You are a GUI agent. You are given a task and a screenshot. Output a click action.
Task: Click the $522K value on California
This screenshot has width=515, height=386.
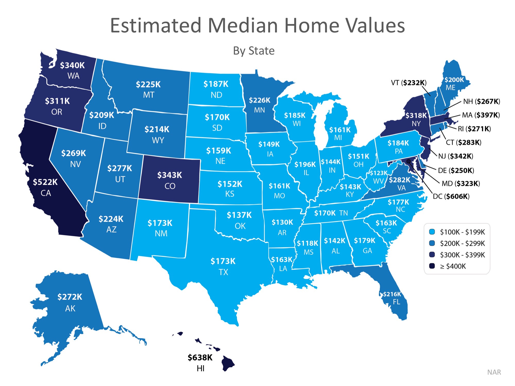click(45, 182)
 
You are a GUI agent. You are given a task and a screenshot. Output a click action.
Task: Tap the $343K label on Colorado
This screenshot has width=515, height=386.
click(169, 175)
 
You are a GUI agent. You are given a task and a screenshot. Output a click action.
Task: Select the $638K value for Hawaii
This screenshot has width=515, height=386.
click(200, 357)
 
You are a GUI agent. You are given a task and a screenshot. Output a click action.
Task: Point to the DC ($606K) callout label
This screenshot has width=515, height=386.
click(451, 196)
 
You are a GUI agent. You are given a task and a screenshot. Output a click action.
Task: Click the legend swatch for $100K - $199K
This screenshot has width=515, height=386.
click(432, 232)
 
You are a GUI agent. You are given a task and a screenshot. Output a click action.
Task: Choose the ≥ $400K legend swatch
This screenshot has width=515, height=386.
click(432, 266)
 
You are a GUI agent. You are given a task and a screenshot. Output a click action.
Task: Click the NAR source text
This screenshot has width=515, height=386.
click(494, 372)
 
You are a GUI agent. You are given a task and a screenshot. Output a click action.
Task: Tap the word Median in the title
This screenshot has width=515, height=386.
click(243, 25)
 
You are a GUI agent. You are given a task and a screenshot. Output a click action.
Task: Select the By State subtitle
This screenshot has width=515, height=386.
click(254, 51)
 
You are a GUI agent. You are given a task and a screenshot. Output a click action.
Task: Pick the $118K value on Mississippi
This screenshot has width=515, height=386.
click(307, 243)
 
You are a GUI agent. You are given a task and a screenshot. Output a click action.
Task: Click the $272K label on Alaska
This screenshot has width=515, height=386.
click(70, 297)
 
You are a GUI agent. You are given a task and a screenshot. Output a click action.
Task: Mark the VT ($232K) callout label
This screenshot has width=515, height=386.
click(409, 83)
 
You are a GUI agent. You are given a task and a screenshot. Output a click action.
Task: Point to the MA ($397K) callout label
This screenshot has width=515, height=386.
click(481, 115)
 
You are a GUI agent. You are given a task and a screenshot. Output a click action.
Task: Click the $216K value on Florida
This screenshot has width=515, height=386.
click(392, 294)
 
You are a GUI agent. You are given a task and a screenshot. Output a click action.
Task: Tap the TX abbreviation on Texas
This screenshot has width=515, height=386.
click(223, 272)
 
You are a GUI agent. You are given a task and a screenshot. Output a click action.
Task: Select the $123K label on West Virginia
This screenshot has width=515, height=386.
click(379, 173)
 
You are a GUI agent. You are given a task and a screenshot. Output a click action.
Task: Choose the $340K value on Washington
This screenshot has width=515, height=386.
click(72, 65)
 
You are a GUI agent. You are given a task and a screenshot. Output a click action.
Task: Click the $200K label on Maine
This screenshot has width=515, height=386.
click(454, 80)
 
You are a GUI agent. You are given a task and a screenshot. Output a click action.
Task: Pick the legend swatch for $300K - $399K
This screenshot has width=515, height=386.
click(432, 255)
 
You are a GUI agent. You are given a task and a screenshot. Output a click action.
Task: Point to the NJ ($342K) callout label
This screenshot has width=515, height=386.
click(456, 156)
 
